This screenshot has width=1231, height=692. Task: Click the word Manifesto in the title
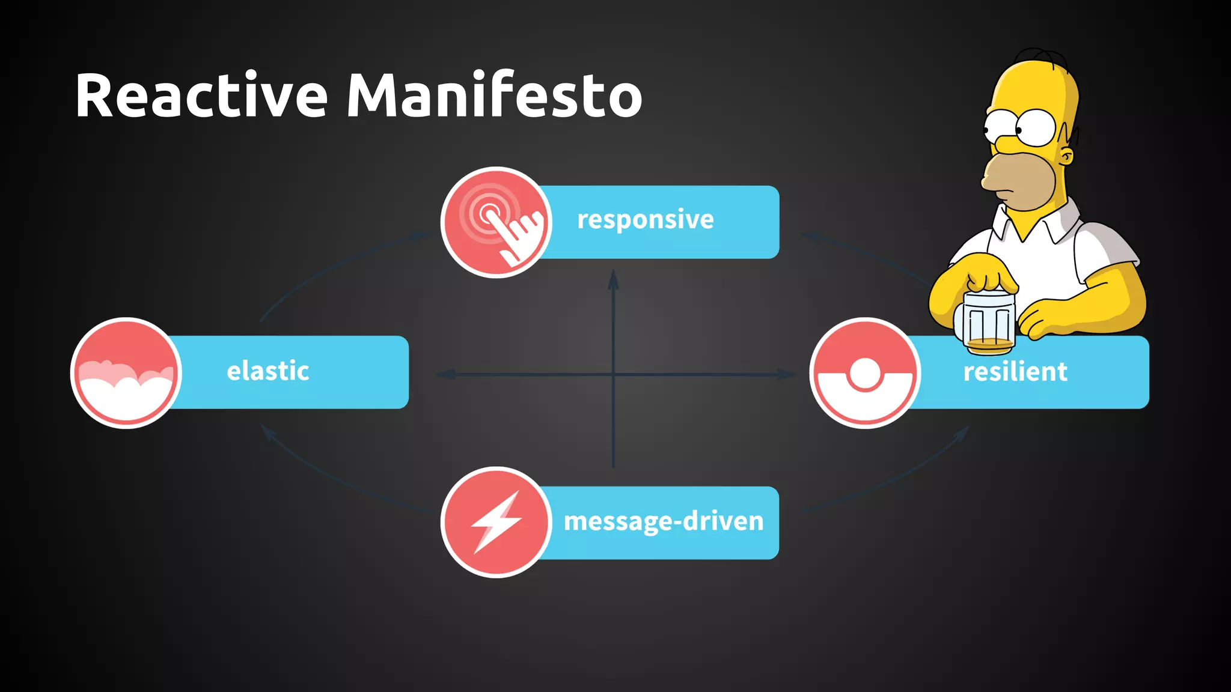click(494, 95)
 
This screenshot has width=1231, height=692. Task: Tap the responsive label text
click(646, 220)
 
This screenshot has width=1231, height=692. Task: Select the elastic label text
click(268, 371)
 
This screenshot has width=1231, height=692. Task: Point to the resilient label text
click(1015, 372)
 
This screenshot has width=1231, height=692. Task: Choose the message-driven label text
click(664, 521)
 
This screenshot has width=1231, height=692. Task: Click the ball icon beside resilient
click(864, 373)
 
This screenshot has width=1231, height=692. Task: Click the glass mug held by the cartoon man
click(989, 321)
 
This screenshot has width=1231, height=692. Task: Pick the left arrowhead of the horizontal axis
click(445, 374)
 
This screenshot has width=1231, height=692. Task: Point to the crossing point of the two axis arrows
click(613, 374)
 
